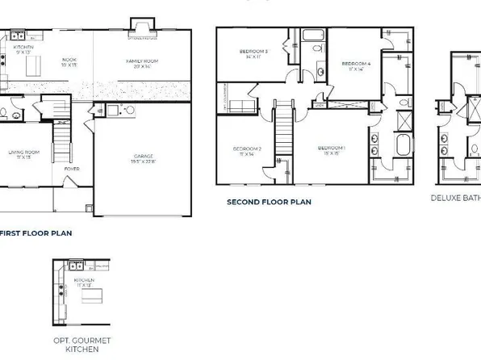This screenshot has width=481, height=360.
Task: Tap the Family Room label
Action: pyautogui.click(x=142, y=62)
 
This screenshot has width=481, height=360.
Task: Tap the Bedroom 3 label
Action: pyautogui.click(x=253, y=55)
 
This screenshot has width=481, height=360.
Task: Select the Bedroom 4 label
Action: pyautogui.click(x=355, y=65)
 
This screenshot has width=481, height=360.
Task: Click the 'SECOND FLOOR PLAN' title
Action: pyautogui.click(x=268, y=202)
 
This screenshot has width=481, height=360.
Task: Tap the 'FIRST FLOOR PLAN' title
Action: pyautogui.click(x=36, y=232)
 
